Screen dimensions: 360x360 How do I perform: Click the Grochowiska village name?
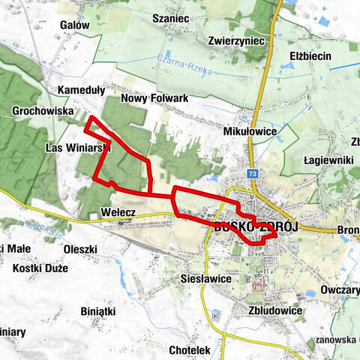point(43,111)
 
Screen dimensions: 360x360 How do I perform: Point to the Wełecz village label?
point(117,214)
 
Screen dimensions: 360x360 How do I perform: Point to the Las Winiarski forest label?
point(77,148)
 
